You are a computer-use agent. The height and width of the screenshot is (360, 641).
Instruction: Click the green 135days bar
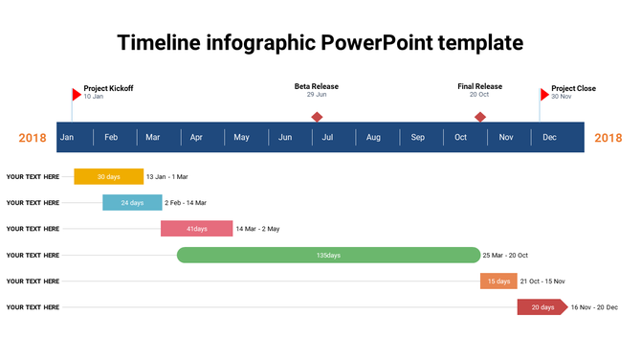pyautogui.click(x=328, y=255)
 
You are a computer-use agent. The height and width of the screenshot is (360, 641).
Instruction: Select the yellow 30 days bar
pyautogui.click(x=108, y=176)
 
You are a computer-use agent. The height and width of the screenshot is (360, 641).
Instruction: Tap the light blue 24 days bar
pyautogui.click(x=132, y=202)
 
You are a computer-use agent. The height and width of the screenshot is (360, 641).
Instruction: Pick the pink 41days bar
pyautogui.click(x=196, y=229)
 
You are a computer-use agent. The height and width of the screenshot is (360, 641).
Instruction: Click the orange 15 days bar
pyautogui.click(x=498, y=281)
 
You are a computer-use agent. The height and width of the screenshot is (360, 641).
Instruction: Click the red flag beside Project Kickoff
pyautogui.click(x=77, y=94)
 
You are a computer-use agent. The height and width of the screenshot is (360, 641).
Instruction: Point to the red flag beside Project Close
pyautogui.click(x=545, y=94)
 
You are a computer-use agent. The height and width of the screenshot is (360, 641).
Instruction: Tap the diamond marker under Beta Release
pyautogui.click(x=317, y=117)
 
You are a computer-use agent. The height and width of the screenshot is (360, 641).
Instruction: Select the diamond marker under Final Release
pyautogui.click(x=480, y=117)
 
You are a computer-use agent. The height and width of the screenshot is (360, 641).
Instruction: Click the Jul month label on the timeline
pyautogui.click(x=327, y=138)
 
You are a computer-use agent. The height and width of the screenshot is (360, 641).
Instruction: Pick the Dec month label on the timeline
pyautogui.click(x=549, y=138)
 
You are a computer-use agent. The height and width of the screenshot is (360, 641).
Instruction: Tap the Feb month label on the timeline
pyautogui.click(x=111, y=138)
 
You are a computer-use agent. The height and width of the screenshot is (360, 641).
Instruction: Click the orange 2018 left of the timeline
pyautogui.click(x=33, y=138)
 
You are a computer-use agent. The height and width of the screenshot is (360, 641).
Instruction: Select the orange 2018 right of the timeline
pyautogui.click(x=608, y=138)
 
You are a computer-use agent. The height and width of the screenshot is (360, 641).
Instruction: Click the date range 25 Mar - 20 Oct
pyautogui.click(x=505, y=256)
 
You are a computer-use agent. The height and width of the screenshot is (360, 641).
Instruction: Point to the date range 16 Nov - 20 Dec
pyautogui.click(x=594, y=307)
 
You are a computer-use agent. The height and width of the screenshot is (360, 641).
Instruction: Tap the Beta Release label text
pyautogui.click(x=317, y=87)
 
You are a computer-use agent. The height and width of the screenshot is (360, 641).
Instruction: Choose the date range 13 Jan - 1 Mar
pyautogui.click(x=167, y=177)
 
